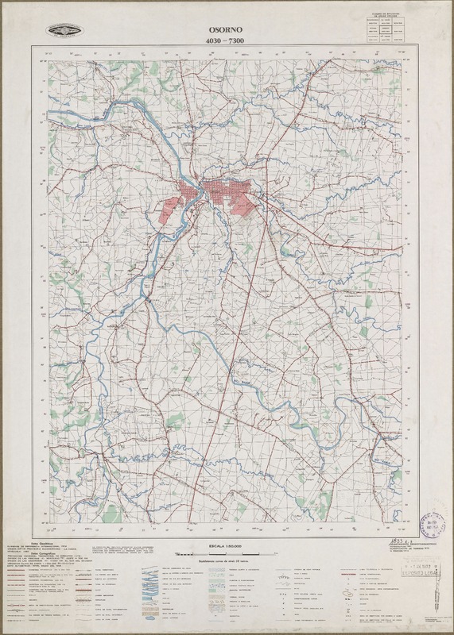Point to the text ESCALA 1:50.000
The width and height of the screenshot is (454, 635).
tap(226, 547)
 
